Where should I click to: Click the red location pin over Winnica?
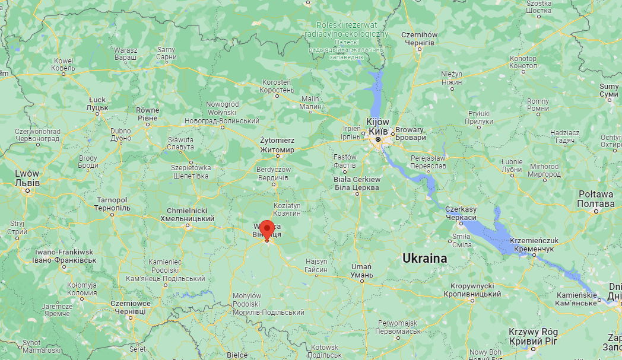(x=267, y=230)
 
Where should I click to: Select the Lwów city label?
(x=27, y=178)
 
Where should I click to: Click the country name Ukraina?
(x=424, y=259)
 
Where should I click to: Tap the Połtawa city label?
(x=595, y=199)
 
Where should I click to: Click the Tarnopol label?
(x=112, y=205)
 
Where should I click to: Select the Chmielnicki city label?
(x=187, y=215)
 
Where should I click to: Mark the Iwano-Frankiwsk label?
(x=64, y=256)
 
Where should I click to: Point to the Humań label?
(x=361, y=270)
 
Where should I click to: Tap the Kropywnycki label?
(x=472, y=290)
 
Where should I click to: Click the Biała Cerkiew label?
(x=357, y=183)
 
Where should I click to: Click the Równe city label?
(x=148, y=114)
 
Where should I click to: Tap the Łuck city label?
(x=97, y=104)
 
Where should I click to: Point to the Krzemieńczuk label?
(x=534, y=244)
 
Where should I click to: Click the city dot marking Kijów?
(x=378, y=140)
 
